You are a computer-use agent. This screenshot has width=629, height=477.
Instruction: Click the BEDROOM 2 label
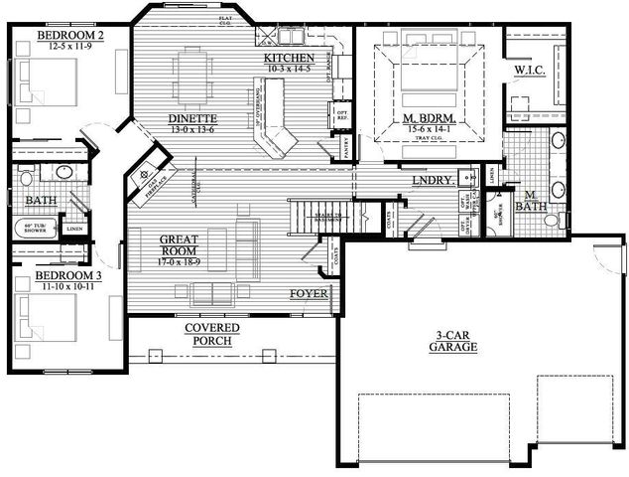(70, 38)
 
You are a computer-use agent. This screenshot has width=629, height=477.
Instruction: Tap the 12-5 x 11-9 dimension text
(71, 48)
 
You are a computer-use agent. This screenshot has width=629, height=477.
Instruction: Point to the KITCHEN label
(290, 58)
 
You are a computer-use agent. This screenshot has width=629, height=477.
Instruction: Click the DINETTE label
(192, 119)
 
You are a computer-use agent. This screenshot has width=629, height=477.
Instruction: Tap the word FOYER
(308, 294)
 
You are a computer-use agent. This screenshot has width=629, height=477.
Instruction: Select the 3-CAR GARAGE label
(453, 341)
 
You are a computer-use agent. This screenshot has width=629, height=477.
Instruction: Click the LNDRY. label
(434, 181)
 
